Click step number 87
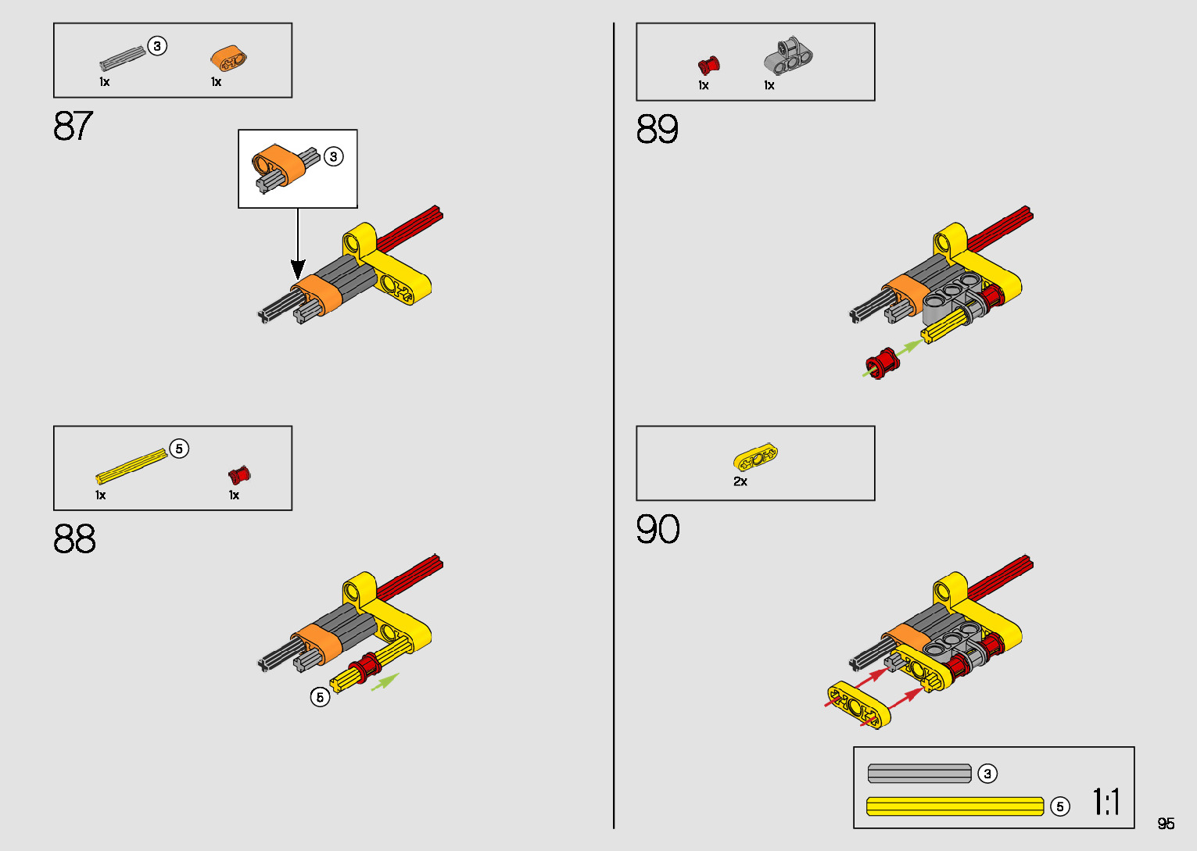tap(73, 126)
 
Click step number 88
tap(74, 539)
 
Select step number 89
tap(657, 129)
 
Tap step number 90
tap(658, 529)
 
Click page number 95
tap(1166, 824)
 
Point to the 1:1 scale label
tap(1106, 802)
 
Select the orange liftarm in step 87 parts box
tap(228, 58)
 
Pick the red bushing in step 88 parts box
tap(239, 474)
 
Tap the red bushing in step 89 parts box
tap(708, 65)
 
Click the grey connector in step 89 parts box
tap(788, 56)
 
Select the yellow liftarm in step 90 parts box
tap(755, 456)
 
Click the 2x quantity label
tap(740, 481)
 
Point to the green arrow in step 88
tap(385, 681)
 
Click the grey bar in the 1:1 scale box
tap(919, 774)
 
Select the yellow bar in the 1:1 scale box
tap(955, 806)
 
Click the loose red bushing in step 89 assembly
tap(883, 363)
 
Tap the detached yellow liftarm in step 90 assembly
tap(858, 705)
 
